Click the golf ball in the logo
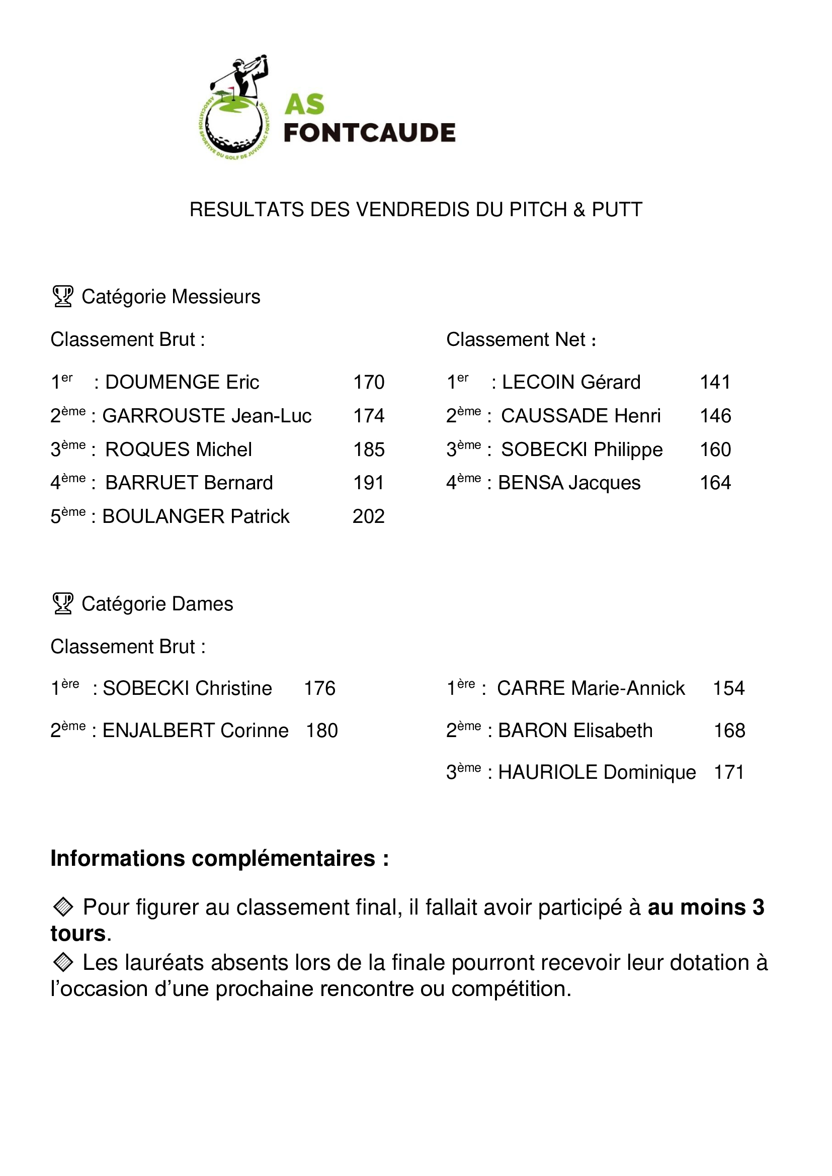[x=233, y=128]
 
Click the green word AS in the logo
[x=304, y=105]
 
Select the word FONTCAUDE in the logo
[x=369, y=133]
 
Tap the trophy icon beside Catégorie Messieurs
[x=63, y=296]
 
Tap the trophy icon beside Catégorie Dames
[x=63, y=603]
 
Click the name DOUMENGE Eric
[x=182, y=382]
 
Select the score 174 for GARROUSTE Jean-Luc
[x=368, y=416]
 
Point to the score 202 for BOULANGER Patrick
[x=368, y=516]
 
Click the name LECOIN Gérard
[x=571, y=382]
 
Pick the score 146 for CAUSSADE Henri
[x=715, y=416]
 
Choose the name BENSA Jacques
[x=569, y=483]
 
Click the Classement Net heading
[x=521, y=339]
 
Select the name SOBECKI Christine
[x=187, y=688]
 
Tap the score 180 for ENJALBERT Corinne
[x=322, y=731]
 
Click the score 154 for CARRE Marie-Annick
[x=728, y=688]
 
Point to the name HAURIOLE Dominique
[x=597, y=772]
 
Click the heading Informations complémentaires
[x=219, y=858]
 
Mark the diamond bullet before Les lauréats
[x=63, y=962]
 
